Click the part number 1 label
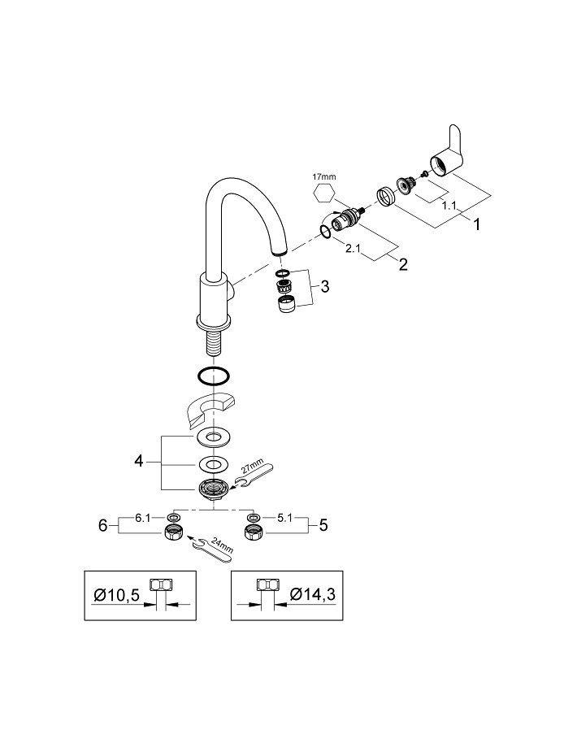pos(476,223)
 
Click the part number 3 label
pos(324,286)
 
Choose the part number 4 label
pos(140,462)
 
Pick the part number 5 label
pos(323,525)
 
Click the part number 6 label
pos(103,525)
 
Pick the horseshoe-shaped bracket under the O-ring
pos(209,409)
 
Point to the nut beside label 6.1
pos(173,532)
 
